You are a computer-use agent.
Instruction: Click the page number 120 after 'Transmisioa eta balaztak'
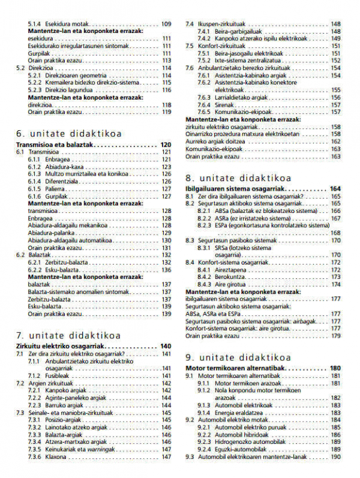pyautogui.click(x=166, y=145)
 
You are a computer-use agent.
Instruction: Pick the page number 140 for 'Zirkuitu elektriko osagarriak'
pyautogui.click(x=166, y=347)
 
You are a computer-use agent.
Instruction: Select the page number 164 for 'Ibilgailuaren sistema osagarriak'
pyautogui.click(x=335, y=189)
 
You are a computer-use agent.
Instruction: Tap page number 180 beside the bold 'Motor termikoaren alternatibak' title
pyautogui.click(x=335, y=368)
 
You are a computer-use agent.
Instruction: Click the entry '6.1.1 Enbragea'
pyautogui.click(x=49, y=160)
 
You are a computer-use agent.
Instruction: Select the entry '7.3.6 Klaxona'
pyautogui.click(x=47, y=457)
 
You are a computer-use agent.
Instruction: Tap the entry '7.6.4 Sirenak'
pyautogui.click(x=216, y=104)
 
